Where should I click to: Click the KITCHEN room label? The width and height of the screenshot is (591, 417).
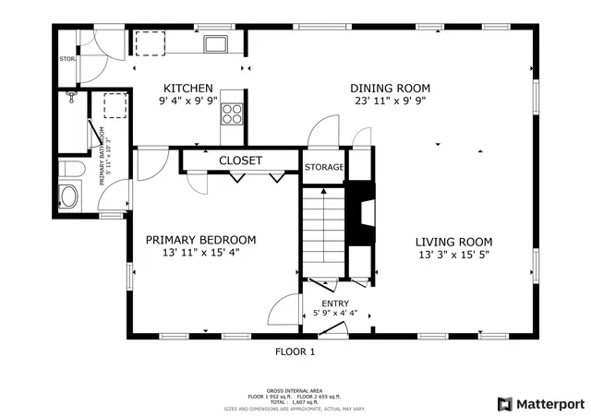click(x=187, y=89)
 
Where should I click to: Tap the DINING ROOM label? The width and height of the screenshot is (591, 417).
click(x=391, y=89)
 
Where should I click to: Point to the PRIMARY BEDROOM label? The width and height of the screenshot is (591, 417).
click(x=200, y=240)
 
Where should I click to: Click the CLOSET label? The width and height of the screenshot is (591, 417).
click(x=240, y=161)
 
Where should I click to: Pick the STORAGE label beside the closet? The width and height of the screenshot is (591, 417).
click(x=324, y=168)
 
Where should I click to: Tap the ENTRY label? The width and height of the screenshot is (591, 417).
click(x=334, y=303)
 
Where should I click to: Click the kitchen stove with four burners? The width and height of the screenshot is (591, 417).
click(x=231, y=114)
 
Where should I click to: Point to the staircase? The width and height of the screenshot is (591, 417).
click(x=322, y=231)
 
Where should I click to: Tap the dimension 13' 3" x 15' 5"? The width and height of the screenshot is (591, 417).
click(x=452, y=253)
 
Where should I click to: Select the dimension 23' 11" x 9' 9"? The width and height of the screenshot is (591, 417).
click(x=391, y=101)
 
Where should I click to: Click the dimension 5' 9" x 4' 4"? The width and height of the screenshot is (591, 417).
click(x=334, y=313)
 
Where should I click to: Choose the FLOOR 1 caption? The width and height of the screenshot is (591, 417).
click(x=295, y=351)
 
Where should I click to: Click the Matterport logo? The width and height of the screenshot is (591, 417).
click(x=541, y=403)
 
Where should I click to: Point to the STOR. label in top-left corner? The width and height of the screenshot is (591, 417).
click(x=66, y=59)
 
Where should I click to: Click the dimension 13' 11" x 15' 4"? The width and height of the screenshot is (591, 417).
click(x=200, y=253)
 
